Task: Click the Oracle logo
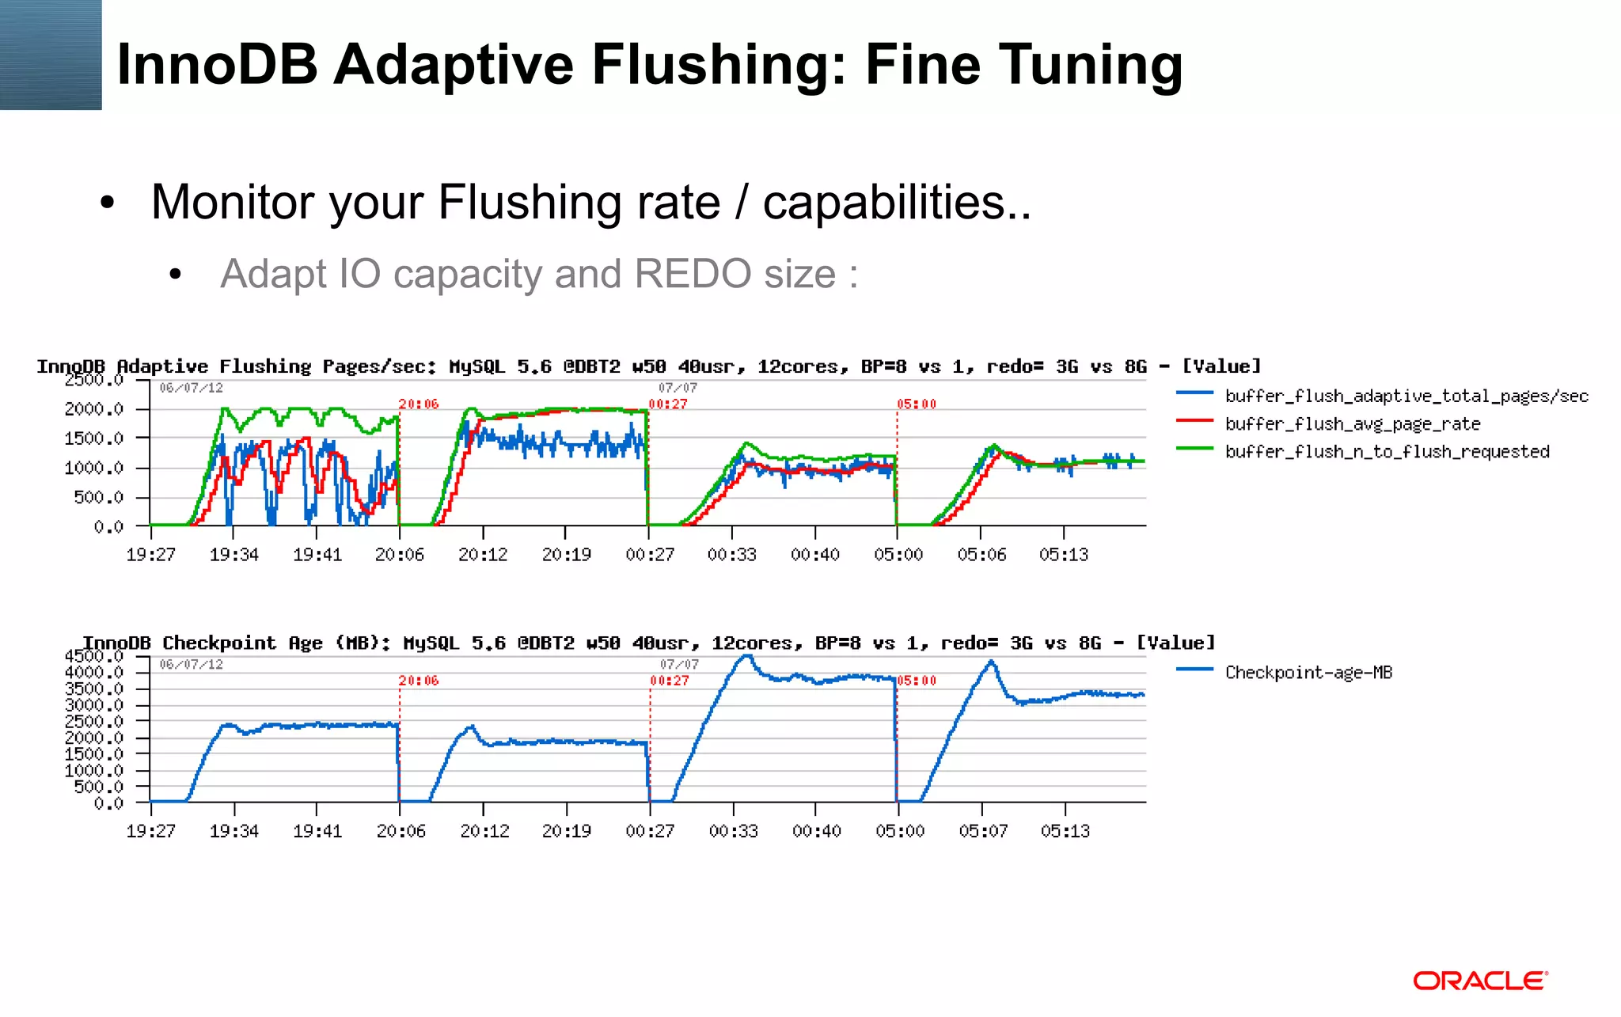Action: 1479,981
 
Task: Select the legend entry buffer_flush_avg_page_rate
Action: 1352,424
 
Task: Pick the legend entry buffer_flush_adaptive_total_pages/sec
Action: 1406,396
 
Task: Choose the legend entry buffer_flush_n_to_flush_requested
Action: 1387,452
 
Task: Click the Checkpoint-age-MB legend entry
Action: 1308,673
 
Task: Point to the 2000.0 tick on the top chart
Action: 94,409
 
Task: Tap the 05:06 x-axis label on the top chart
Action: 981,555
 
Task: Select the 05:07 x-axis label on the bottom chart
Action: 983,831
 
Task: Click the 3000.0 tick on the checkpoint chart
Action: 94,705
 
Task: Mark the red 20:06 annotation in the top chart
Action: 419,404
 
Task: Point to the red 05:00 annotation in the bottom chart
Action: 917,681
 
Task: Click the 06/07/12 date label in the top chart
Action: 191,388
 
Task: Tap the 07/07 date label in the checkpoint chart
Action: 679,664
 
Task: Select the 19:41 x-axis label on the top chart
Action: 317,555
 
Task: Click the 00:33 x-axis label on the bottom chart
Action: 734,831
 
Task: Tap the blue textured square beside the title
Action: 51,55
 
